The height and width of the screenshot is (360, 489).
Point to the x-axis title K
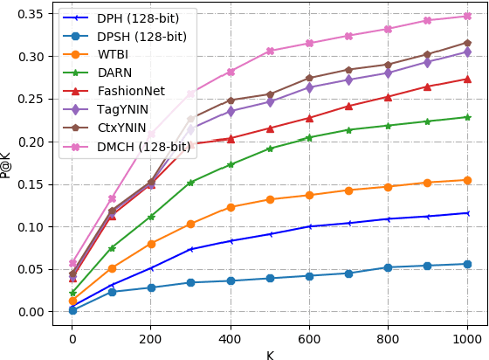(270, 354)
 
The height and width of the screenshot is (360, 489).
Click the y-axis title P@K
(8, 163)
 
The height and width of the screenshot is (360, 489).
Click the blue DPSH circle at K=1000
(468, 264)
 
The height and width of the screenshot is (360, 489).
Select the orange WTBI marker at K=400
(231, 207)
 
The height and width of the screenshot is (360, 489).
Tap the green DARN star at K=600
(310, 137)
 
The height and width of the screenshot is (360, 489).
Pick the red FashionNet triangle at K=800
(389, 97)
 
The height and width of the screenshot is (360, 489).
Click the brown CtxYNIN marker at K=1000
(468, 42)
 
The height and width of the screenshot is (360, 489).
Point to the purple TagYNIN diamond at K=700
(349, 80)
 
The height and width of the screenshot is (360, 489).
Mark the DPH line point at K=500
(271, 234)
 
